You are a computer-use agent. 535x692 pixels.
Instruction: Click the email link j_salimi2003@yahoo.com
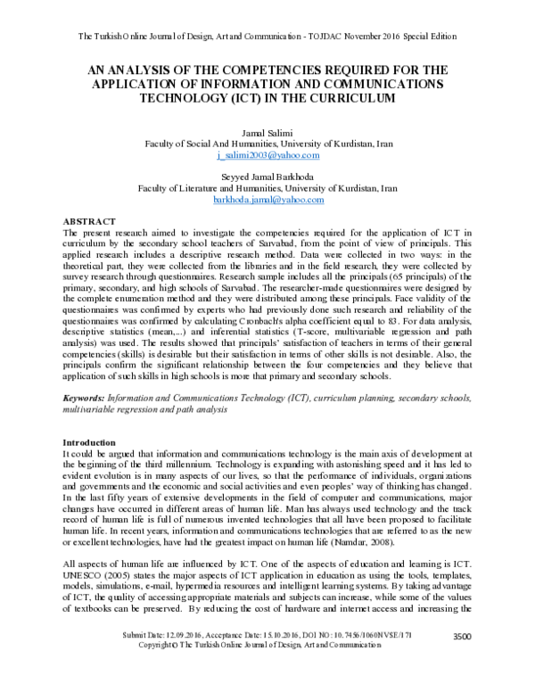coord(267,154)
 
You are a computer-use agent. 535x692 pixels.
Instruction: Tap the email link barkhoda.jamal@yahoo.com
coord(267,201)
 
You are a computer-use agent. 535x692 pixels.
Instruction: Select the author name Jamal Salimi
coord(267,131)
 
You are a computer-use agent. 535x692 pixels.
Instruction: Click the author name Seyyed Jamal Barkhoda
coord(267,177)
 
